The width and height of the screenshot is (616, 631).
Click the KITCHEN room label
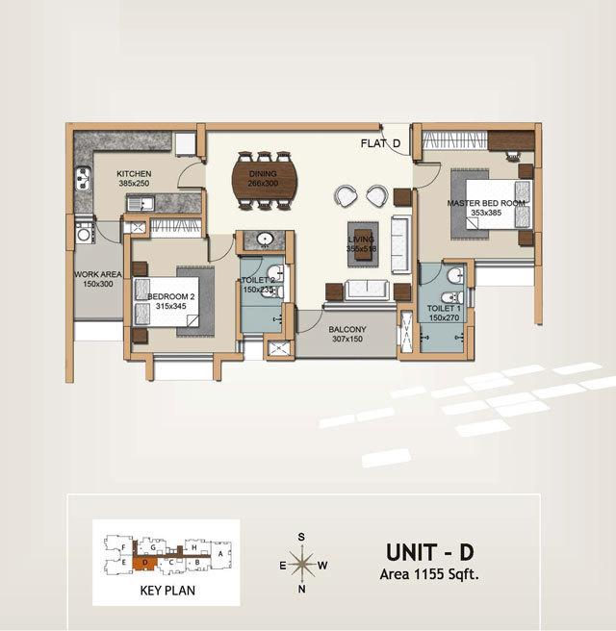pos(135,174)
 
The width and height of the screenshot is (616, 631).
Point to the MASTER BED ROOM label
pos(486,204)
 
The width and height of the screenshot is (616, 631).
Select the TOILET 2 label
pos(259,280)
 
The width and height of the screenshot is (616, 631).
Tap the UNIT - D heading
pos(431,553)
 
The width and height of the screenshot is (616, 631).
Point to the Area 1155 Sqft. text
pos(431,575)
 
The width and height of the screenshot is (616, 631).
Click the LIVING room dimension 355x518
pos(360,248)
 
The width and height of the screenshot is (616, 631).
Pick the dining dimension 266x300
pos(262,183)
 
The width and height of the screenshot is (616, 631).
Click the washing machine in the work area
pos(84,233)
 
